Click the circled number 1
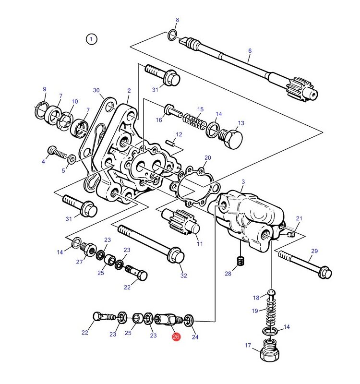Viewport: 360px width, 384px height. click(91, 39)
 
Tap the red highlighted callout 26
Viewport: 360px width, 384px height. click(176, 337)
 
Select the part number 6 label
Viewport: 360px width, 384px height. click(250, 51)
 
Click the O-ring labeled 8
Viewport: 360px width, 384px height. click(172, 35)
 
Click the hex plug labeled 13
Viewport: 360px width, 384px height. click(230, 138)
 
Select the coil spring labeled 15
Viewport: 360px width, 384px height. click(194, 121)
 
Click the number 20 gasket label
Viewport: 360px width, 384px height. click(208, 158)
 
